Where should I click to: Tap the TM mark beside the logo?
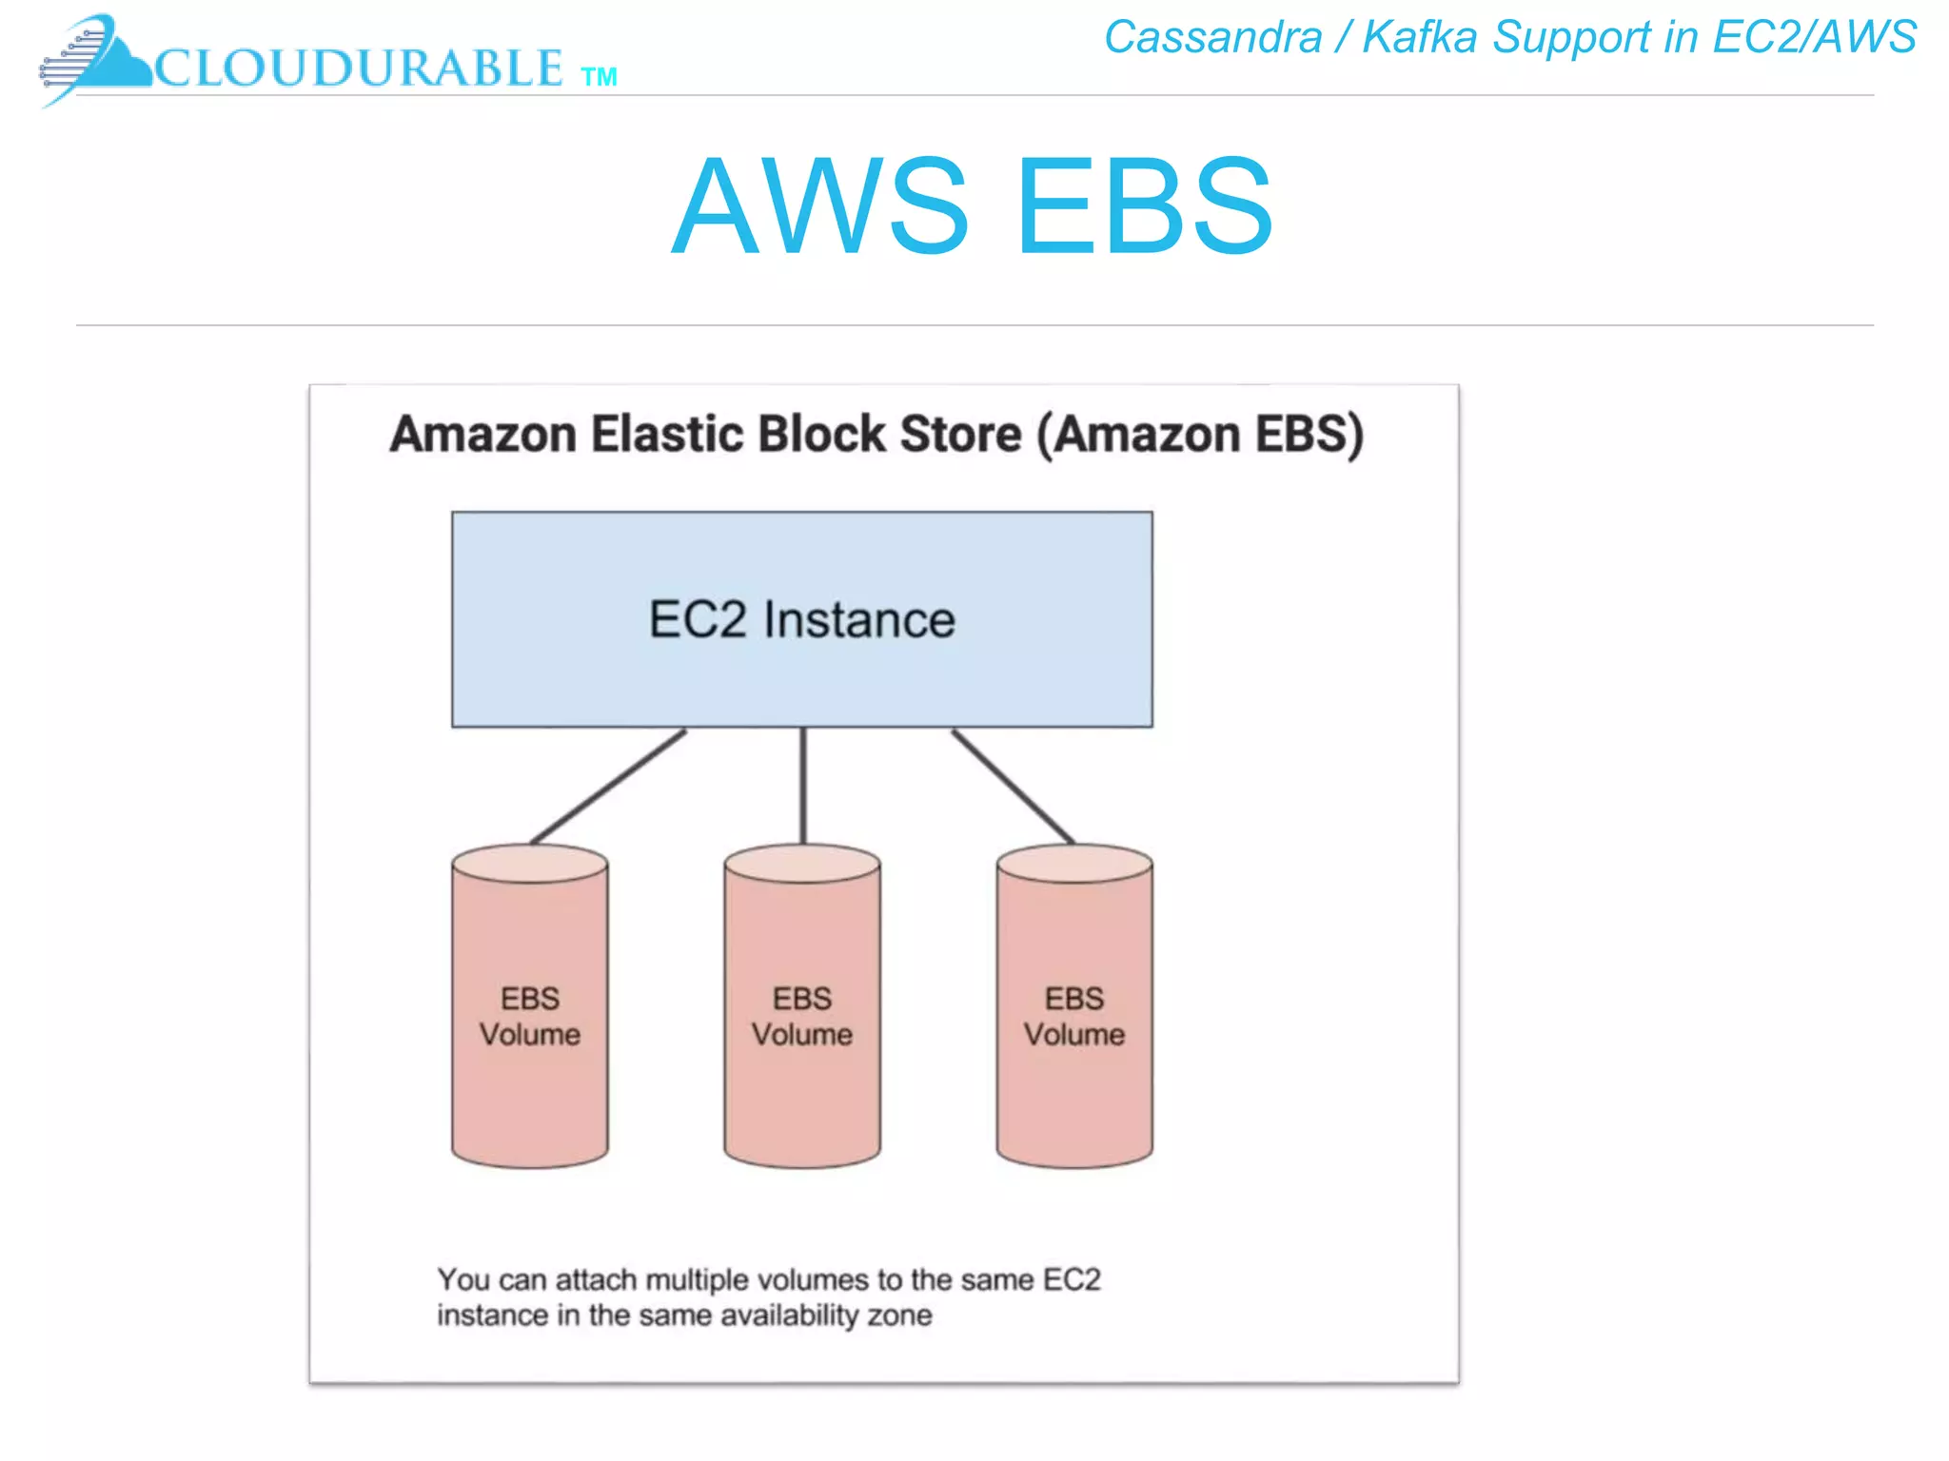[599, 77]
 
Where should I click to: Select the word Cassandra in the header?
[1213, 38]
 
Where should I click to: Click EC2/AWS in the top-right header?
[1814, 38]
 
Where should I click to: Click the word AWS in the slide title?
[820, 207]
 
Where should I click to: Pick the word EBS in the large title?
[1145, 207]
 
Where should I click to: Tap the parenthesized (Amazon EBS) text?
[1200, 435]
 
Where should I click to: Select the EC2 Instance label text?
[801, 620]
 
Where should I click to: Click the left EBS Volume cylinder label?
[530, 1016]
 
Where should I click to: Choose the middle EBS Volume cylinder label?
[802, 1016]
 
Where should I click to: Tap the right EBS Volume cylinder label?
[1074, 1016]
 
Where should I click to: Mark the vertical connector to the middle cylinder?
[803, 786]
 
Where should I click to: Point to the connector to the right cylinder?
[1014, 786]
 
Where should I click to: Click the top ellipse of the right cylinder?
[1074, 864]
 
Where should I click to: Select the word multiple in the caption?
[691, 1280]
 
